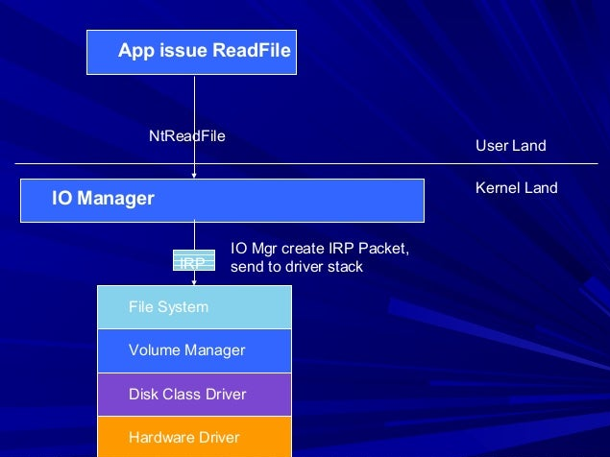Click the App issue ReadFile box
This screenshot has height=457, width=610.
pos(191,52)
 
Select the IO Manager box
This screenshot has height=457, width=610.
pos(221,200)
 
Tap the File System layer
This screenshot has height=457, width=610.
pos(194,307)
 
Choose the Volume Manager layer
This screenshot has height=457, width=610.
pos(194,350)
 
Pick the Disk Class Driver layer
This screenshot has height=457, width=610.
pos(194,395)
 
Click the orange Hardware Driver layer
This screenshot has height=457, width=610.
pos(194,437)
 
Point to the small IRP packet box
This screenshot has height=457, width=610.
pos(194,261)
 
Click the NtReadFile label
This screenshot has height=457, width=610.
pos(186,136)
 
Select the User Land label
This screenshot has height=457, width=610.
pos(510,146)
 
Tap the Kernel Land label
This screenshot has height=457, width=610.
pos(516,187)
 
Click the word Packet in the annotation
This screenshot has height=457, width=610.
pos(384,249)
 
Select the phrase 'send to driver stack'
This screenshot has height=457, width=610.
pos(296,267)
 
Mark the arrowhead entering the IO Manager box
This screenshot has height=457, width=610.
pos(195,176)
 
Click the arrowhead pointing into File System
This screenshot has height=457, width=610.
pos(195,281)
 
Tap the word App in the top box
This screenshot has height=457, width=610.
pos(135,50)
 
